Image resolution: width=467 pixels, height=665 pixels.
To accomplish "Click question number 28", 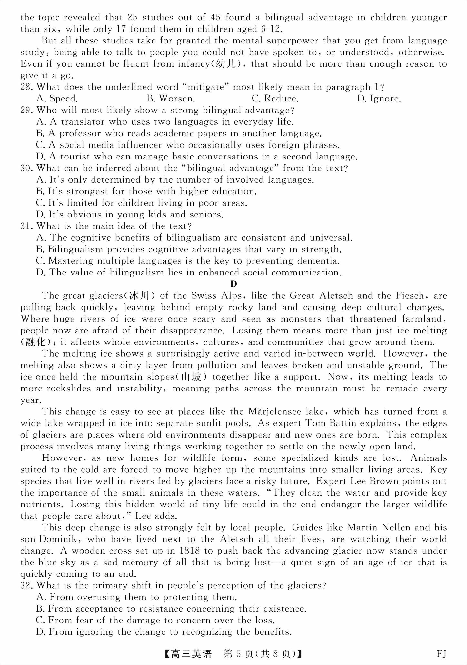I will click(x=27, y=87).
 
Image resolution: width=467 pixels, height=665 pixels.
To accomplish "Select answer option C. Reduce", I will click(x=275, y=99).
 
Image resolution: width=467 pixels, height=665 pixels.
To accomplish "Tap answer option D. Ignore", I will click(x=379, y=99).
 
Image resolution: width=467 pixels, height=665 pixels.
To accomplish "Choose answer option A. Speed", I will click(x=57, y=99).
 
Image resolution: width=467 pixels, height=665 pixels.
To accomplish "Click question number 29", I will click(x=27, y=110).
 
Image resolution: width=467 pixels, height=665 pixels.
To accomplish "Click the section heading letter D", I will click(x=234, y=284).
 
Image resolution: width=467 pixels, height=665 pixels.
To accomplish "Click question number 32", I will click(x=27, y=586).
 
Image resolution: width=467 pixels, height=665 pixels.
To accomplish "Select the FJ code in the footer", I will click(x=441, y=654).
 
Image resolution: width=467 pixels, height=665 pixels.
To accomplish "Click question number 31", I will click(x=27, y=226).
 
